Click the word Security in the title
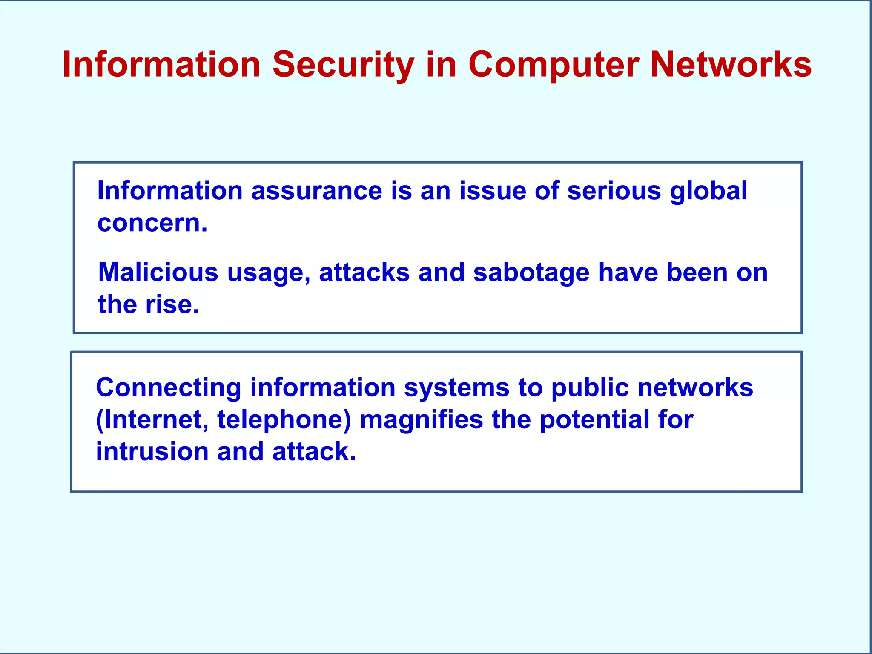(x=343, y=65)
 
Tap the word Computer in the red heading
(x=554, y=65)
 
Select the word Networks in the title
(x=731, y=65)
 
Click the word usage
(x=268, y=273)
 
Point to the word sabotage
(x=531, y=272)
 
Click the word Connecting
(x=169, y=388)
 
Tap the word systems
(x=456, y=388)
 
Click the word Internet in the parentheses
(x=153, y=419)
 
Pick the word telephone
(x=283, y=420)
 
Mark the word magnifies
(x=422, y=419)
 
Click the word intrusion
(x=152, y=451)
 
